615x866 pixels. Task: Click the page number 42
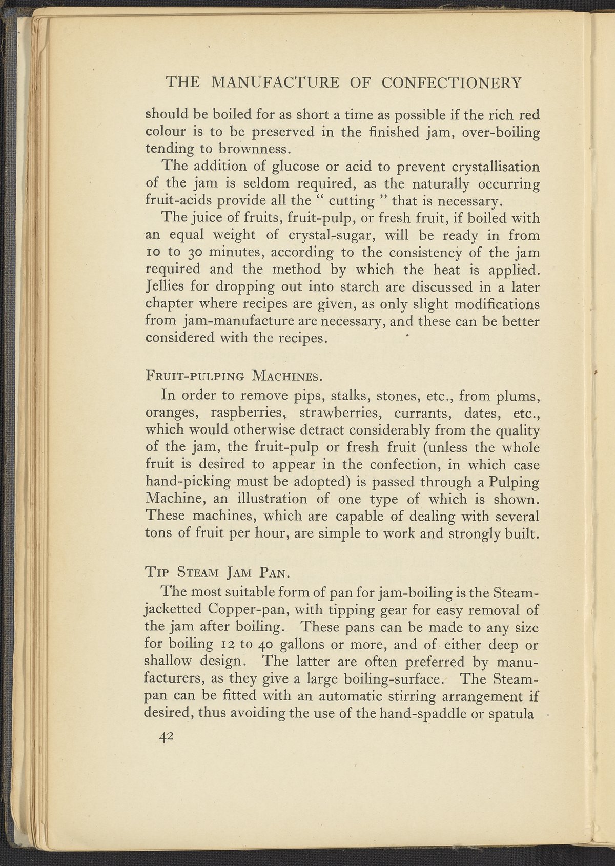coord(167,736)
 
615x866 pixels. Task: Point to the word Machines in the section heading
coord(287,377)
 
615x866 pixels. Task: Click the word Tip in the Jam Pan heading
coord(155,571)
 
